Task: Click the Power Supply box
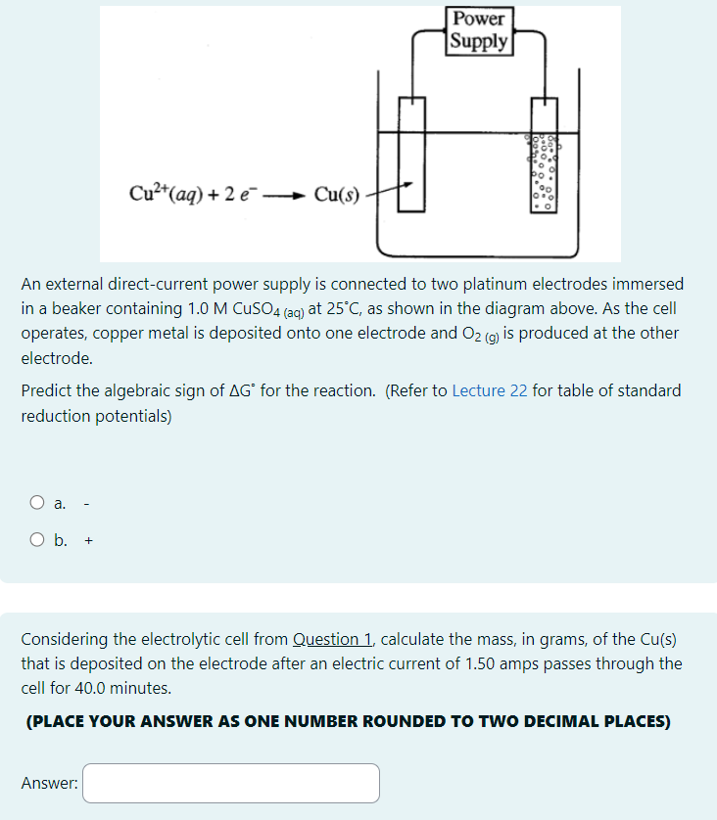tap(479, 30)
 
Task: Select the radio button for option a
tap(37, 504)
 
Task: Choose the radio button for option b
tap(37, 539)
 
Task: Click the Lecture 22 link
tap(490, 390)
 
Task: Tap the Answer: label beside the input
tap(50, 783)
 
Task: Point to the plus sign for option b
tap(88, 539)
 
